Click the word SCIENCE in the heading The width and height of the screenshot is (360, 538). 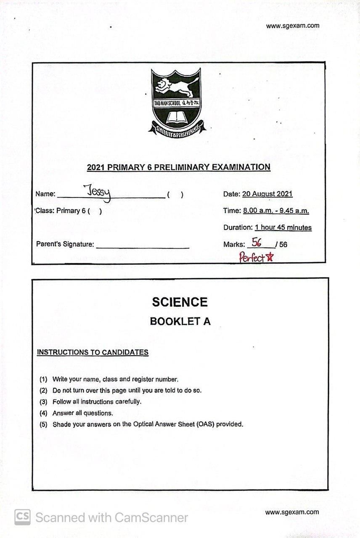[180, 302]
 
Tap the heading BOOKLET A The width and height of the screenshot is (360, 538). [180, 322]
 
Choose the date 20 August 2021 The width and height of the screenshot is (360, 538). [267, 194]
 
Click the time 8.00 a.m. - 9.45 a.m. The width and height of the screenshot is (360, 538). [276, 211]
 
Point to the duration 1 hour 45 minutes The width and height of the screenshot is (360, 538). [283, 228]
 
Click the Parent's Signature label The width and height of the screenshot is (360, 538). [65, 244]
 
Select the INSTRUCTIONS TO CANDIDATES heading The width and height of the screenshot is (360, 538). [93, 352]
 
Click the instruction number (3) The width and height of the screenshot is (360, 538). [43, 401]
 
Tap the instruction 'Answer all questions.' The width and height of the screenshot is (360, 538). [82, 413]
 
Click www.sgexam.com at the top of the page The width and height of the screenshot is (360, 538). [292, 26]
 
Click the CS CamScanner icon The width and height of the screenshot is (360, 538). [22, 517]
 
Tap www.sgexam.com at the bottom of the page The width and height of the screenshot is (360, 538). [292, 512]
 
